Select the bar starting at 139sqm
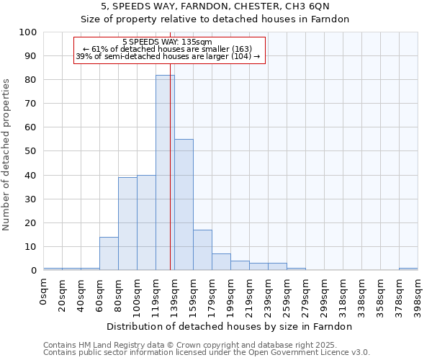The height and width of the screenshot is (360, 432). tap(184, 204)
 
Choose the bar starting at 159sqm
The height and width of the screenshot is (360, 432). tap(202, 250)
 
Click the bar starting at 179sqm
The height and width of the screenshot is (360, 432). tap(221, 262)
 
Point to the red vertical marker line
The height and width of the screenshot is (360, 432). tap(170, 180)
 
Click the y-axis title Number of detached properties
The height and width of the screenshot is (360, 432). tap(7, 155)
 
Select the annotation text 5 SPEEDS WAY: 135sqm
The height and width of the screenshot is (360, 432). tap(168, 42)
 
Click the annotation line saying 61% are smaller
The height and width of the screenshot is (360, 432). tap(167, 50)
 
